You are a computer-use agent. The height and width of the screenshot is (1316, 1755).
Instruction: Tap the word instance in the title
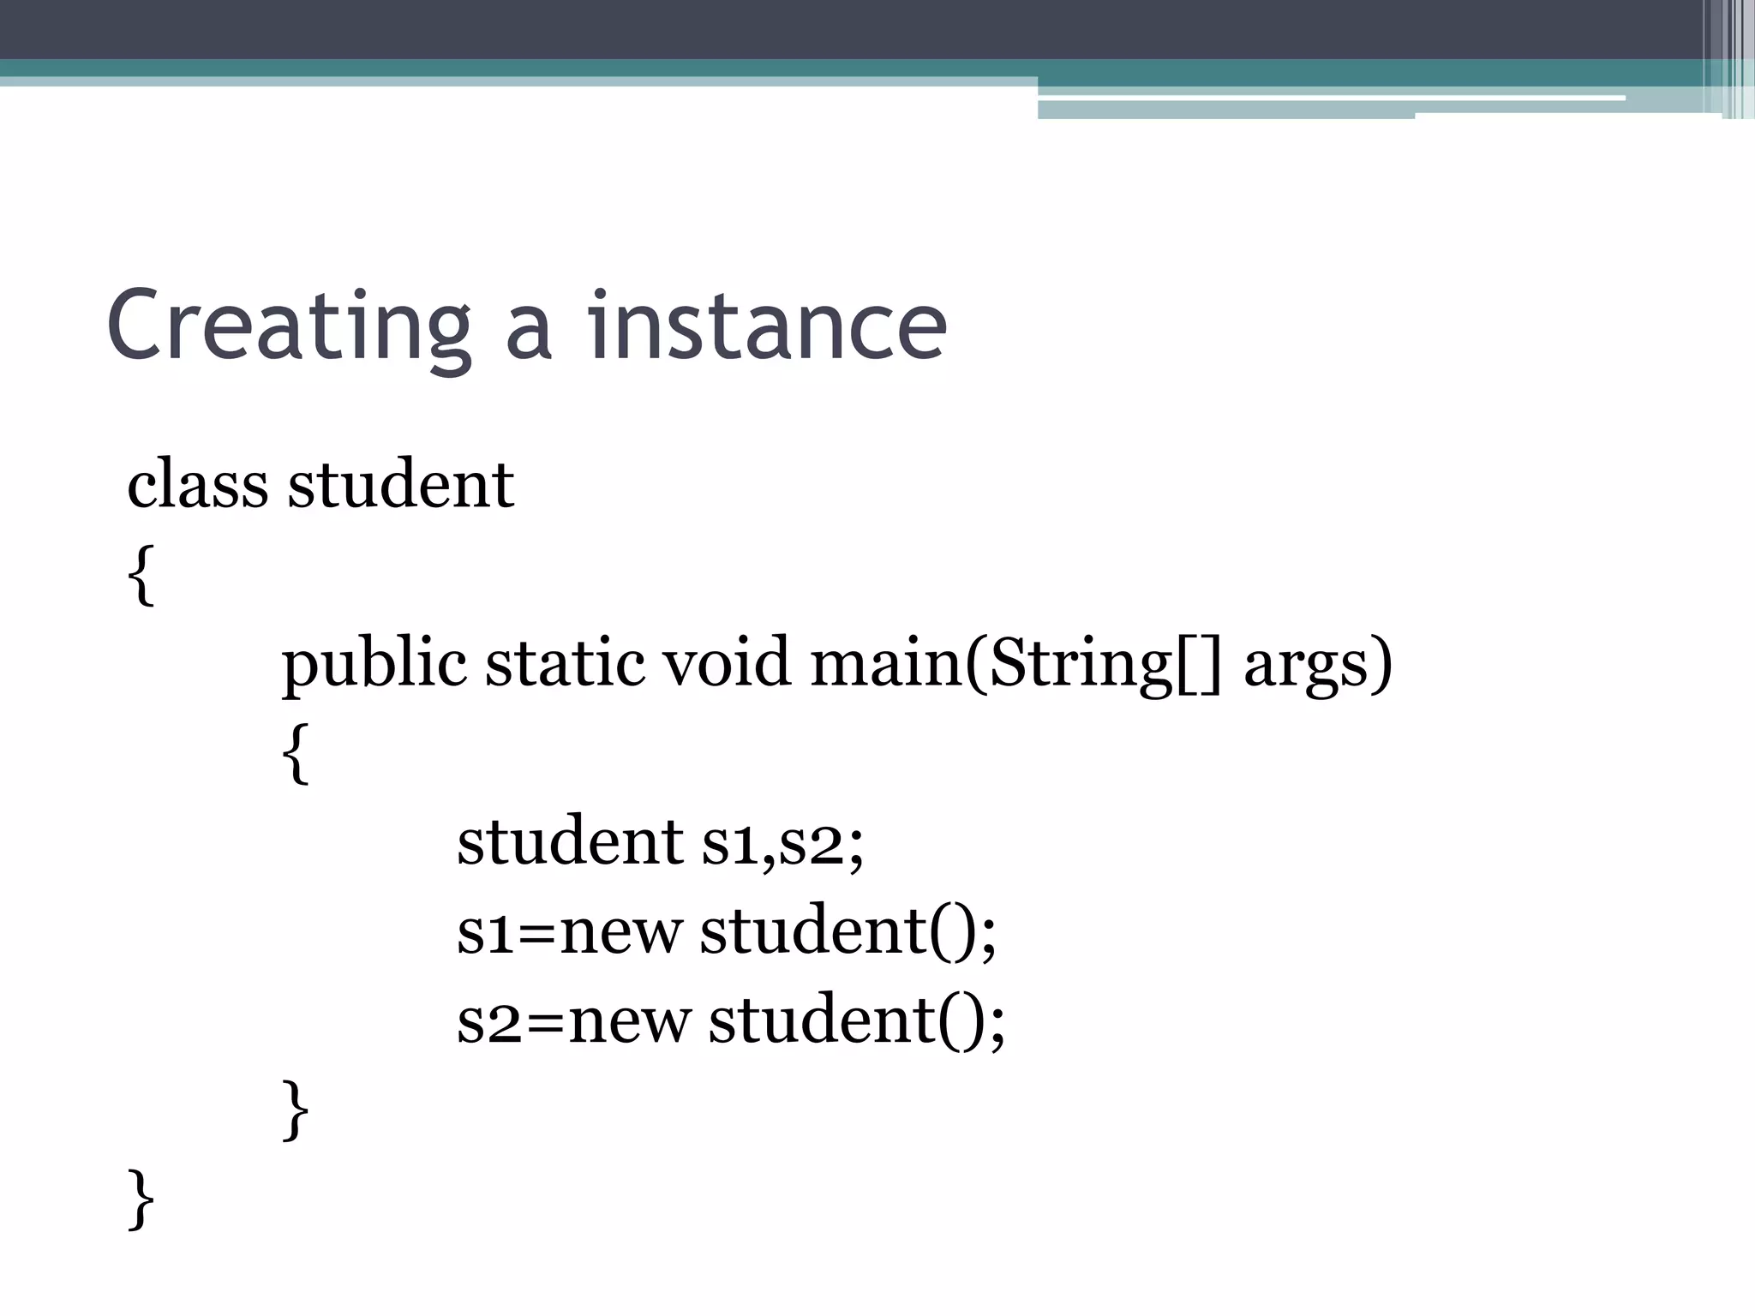pyautogui.click(x=767, y=326)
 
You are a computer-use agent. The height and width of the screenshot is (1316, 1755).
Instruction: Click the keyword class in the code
pyautogui.click(x=197, y=484)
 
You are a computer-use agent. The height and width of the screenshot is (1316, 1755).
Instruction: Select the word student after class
pyautogui.click(x=401, y=484)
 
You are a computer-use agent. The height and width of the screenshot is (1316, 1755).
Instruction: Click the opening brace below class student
pyautogui.click(x=141, y=575)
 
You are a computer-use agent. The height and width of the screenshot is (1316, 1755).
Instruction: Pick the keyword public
pyautogui.click(x=374, y=665)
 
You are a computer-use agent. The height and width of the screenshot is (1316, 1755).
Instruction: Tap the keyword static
pyautogui.click(x=565, y=663)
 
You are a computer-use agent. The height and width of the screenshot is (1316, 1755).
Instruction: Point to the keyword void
pyautogui.click(x=727, y=663)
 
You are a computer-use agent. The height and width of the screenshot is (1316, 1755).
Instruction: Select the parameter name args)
pyautogui.click(x=1317, y=665)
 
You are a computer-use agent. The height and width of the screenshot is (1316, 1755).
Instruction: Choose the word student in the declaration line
pyautogui.click(x=570, y=841)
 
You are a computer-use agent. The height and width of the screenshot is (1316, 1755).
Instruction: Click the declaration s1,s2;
pyautogui.click(x=782, y=843)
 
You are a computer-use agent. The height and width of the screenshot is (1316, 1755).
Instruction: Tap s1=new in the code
pyautogui.click(x=570, y=931)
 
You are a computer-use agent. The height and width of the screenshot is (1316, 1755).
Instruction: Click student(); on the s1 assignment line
pyautogui.click(x=848, y=931)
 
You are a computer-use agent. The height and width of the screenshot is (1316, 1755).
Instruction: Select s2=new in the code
pyautogui.click(x=573, y=1020)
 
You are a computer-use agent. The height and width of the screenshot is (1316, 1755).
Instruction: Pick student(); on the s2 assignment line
pyautogui.click(x=856, y=1020)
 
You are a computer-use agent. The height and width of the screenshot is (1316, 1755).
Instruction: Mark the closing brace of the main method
pyautogui.click(x=296, y=1110)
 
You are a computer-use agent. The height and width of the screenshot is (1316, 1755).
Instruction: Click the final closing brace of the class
pyautogui.click(x=141, y=1199)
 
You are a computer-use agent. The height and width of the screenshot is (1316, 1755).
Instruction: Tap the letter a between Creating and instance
pyautogui.click(x=528, y=334)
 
